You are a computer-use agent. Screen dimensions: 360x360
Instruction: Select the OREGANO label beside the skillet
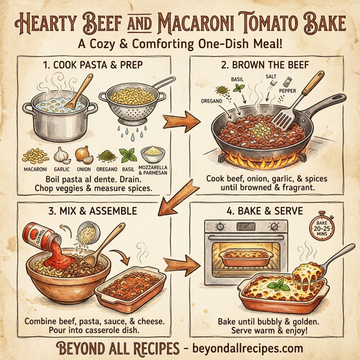tap(212, 101)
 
